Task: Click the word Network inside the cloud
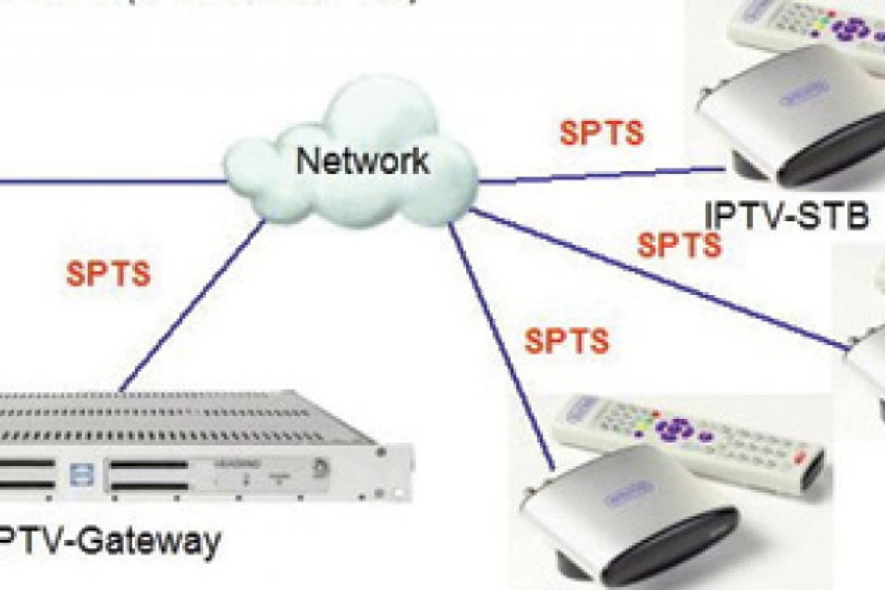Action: click(x=362, y=159)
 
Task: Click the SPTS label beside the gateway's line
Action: click(x=108, y=274)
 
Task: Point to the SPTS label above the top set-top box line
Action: click(x=601, y=133)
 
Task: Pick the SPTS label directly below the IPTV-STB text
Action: click(x=679, y=245)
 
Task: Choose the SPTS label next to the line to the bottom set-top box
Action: click(x=566, y=341)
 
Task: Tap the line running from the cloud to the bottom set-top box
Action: click(x=502, y=347)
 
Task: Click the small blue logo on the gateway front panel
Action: click(x=74, y=473)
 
